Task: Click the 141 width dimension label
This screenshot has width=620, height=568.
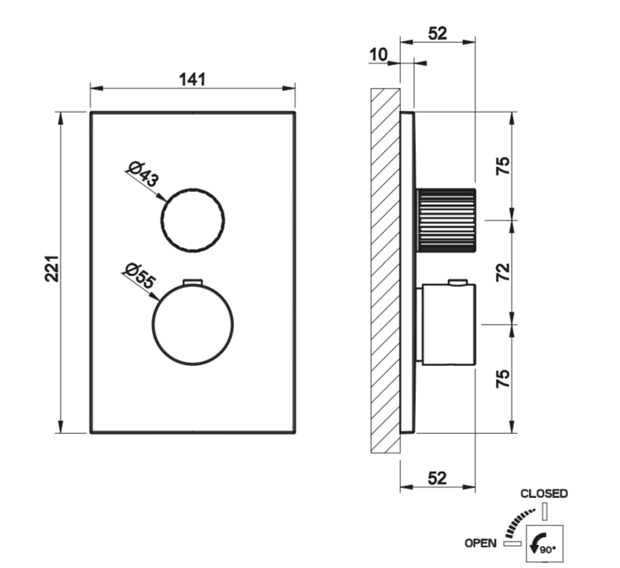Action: click(193, 79)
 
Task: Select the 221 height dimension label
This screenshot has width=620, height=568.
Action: click(52, 269)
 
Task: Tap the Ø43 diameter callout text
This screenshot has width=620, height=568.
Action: click(143, 174)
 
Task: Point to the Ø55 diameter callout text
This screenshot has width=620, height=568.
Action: click(139, 275)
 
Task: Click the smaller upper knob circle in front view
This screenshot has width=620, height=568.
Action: click(193, 220)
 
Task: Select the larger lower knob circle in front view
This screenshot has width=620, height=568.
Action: click(193, 325)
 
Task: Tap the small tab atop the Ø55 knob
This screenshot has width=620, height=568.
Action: click(193, 282)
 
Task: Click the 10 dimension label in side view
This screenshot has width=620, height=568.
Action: click(378, 54)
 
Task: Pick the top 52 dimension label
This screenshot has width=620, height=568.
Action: click(438, 34)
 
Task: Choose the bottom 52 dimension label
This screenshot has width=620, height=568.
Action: click(437, 479)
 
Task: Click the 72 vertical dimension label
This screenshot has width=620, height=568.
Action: click(504, 272)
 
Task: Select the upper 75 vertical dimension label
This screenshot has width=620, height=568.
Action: click(504, 166)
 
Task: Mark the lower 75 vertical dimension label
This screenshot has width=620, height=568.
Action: click(503, 378)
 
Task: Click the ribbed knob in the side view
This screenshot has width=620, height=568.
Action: click(446, 220)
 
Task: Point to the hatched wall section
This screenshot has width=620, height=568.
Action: click(385, 270)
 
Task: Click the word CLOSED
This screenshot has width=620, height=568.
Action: click(544, 494)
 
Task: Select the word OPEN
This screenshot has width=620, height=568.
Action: click(480, 544)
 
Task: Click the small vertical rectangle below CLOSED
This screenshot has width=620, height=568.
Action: click(545, 511)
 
